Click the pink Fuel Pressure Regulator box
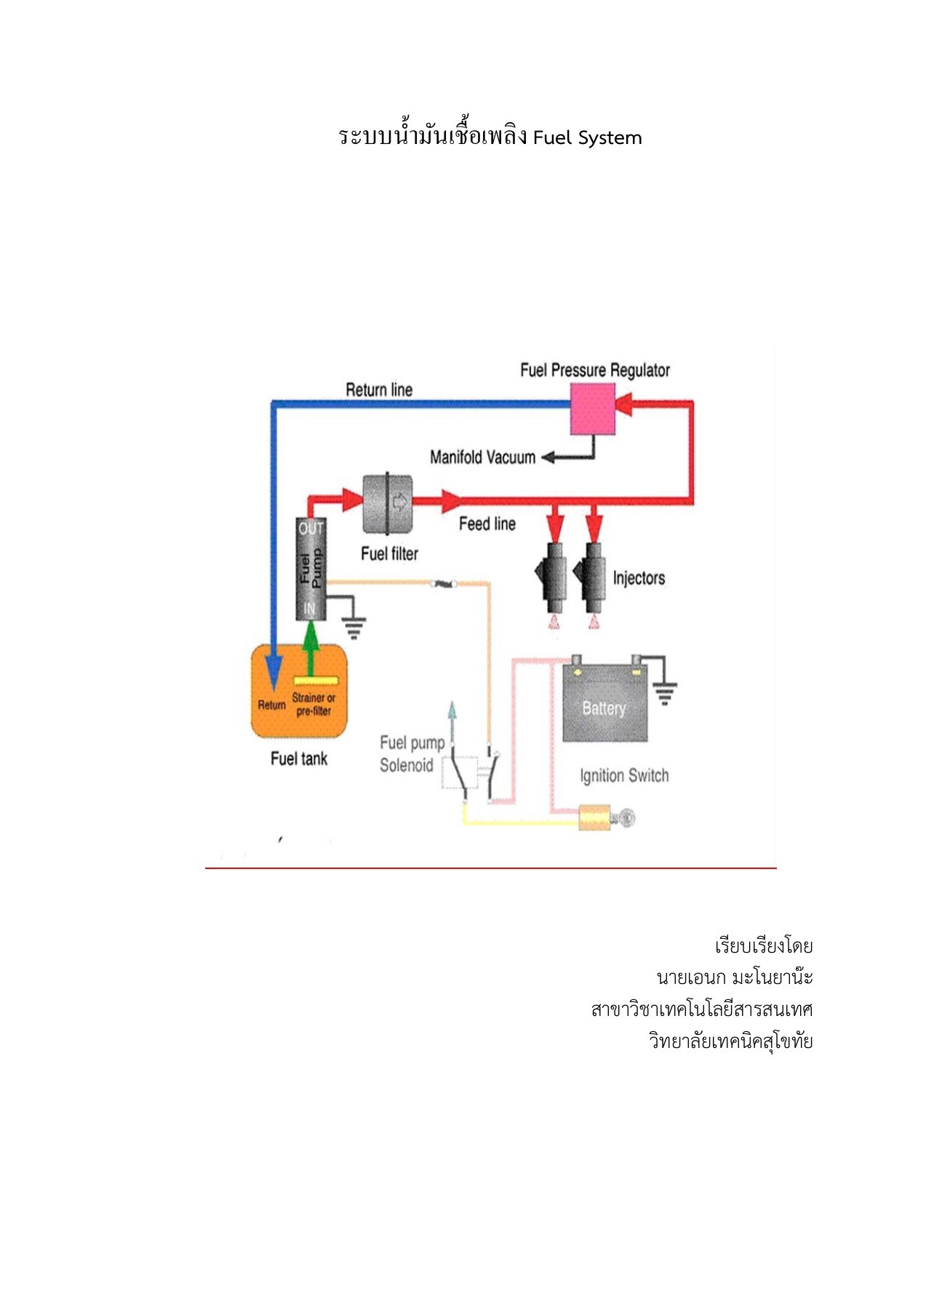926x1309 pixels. [x=592, y=409]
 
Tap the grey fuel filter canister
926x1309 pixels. [x=387, y=503]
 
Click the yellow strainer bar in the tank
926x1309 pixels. [x=316, y=681]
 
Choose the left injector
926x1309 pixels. [x=552, y=577]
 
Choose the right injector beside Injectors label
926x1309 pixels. [x=592, y=577]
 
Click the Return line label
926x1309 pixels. [x=379, y=390]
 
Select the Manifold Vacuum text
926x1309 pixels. [x=482, y=457]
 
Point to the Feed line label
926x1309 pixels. [x=487, y=524]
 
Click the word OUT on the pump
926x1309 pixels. [x=311, y=529]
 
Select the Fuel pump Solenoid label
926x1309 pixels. [x=410, y=754]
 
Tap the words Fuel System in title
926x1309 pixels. [x=587, y=138]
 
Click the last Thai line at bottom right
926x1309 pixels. [x=730, y=1041]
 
